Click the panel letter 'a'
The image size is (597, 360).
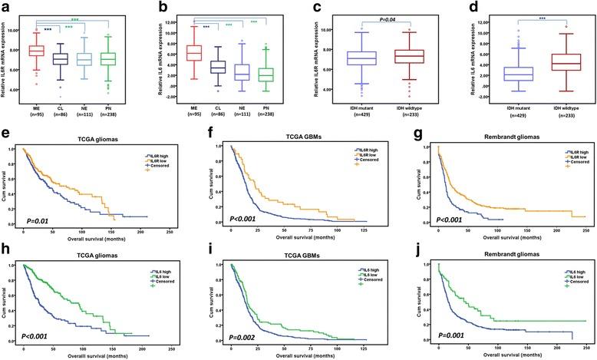point(6,7)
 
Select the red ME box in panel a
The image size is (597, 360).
point(36,51)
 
